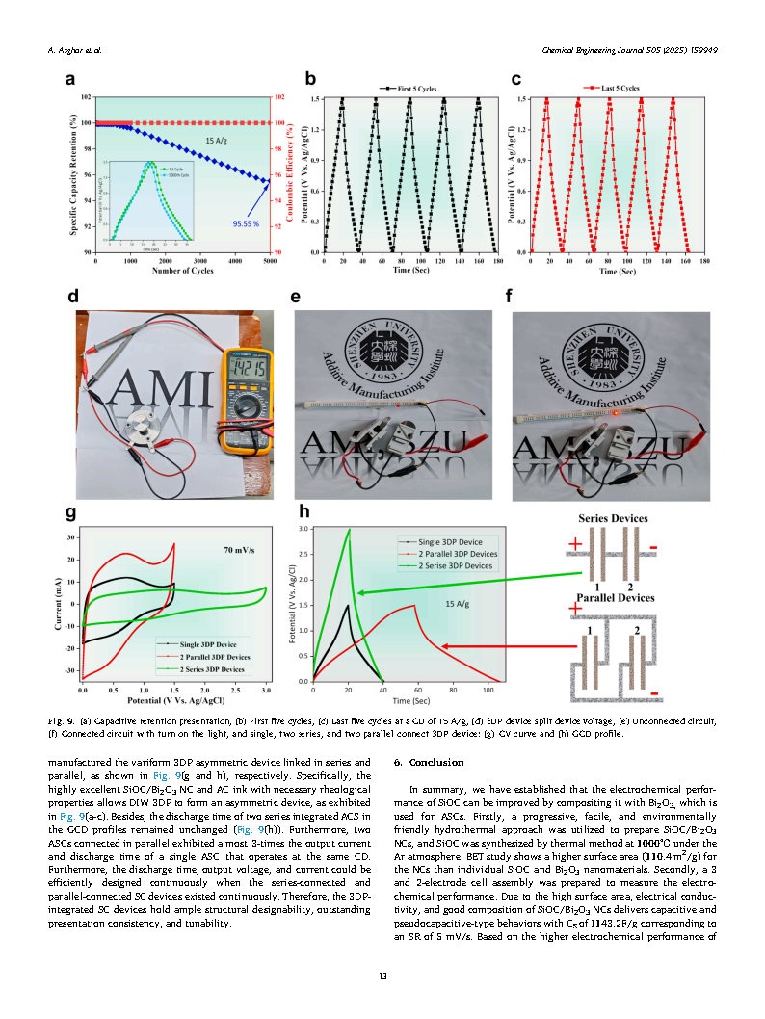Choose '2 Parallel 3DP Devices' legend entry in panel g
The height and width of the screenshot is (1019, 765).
coord(207,656)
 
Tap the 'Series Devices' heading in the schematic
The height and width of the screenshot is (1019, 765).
coord(614,518)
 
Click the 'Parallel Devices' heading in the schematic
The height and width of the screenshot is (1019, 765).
coord(615,597)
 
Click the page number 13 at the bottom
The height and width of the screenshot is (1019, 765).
coord(382,977)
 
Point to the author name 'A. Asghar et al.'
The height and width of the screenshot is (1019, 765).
coord(74,49)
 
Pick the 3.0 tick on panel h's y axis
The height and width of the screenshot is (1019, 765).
coord(304,529)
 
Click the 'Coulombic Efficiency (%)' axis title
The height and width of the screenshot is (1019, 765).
coord(289,173)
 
